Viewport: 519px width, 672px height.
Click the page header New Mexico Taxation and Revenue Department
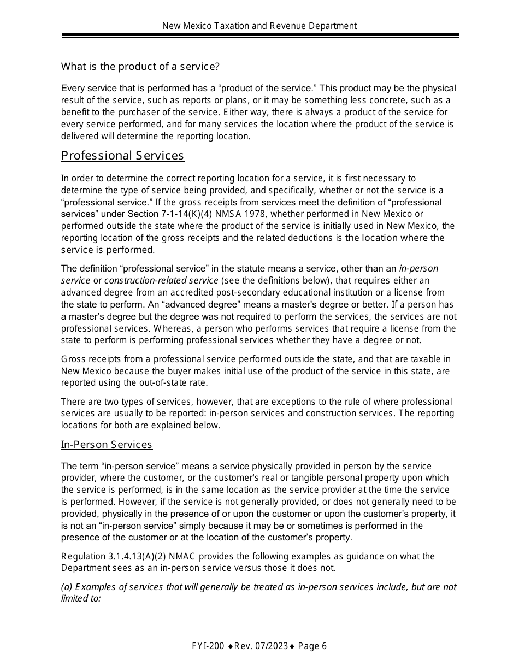tap(259, 26)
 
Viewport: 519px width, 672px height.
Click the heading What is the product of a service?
tap(140, 67)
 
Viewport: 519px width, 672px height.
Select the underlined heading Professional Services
tap(122, 156)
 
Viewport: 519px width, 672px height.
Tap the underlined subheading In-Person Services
tap(107, 445)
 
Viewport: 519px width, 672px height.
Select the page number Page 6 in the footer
tap(312, 646)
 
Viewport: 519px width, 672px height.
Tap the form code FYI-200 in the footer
tap(208, 646)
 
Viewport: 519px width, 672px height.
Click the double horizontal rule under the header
tap(259, 36)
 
